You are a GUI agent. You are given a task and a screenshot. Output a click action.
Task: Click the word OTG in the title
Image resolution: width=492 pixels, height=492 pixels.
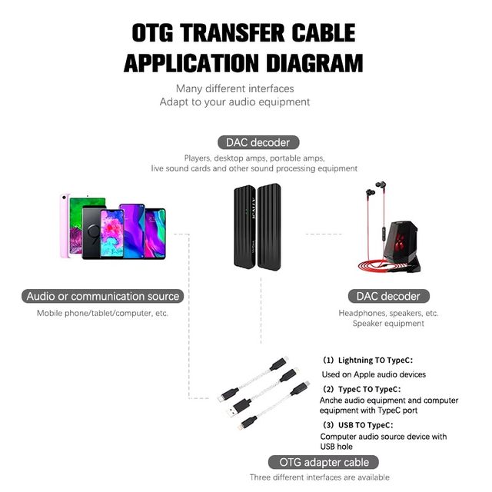coord(158,33)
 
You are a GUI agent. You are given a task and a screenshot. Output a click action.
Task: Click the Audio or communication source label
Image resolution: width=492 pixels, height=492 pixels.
coord(102,296)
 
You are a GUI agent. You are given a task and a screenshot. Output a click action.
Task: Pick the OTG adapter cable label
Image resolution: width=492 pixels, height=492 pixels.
coord(324,462)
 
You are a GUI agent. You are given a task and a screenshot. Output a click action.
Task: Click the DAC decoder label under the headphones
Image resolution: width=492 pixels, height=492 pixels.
coord(388,296)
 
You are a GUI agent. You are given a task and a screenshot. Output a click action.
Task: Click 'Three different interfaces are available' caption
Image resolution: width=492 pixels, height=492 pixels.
coord(319,477)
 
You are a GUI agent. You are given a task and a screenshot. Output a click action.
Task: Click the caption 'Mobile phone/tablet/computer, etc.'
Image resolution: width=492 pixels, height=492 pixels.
coord(102,313)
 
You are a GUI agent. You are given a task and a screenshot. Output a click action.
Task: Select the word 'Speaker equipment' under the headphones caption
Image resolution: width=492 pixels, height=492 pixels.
coord(388,324)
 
